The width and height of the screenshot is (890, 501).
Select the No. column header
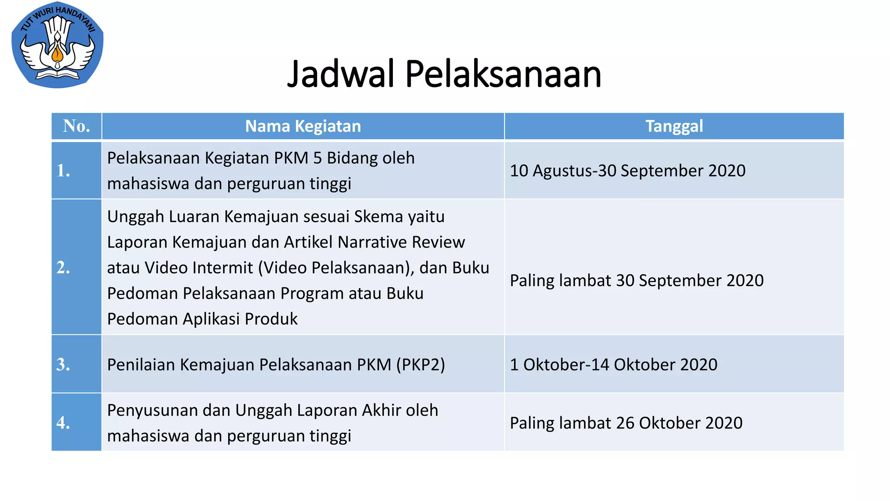pos(76,126)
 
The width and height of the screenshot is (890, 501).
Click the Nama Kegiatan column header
pos(303,126)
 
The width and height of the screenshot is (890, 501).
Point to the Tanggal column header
pos(674,126)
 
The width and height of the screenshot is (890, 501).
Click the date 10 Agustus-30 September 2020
pos(628,170)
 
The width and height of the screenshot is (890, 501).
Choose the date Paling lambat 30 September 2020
pos(637,281)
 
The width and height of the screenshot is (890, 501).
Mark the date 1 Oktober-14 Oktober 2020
pos(613,364)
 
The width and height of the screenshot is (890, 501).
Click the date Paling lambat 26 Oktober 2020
pos(626,423)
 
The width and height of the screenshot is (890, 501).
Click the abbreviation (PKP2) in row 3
pos(420,364)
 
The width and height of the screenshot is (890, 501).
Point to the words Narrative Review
pos(401,242)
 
